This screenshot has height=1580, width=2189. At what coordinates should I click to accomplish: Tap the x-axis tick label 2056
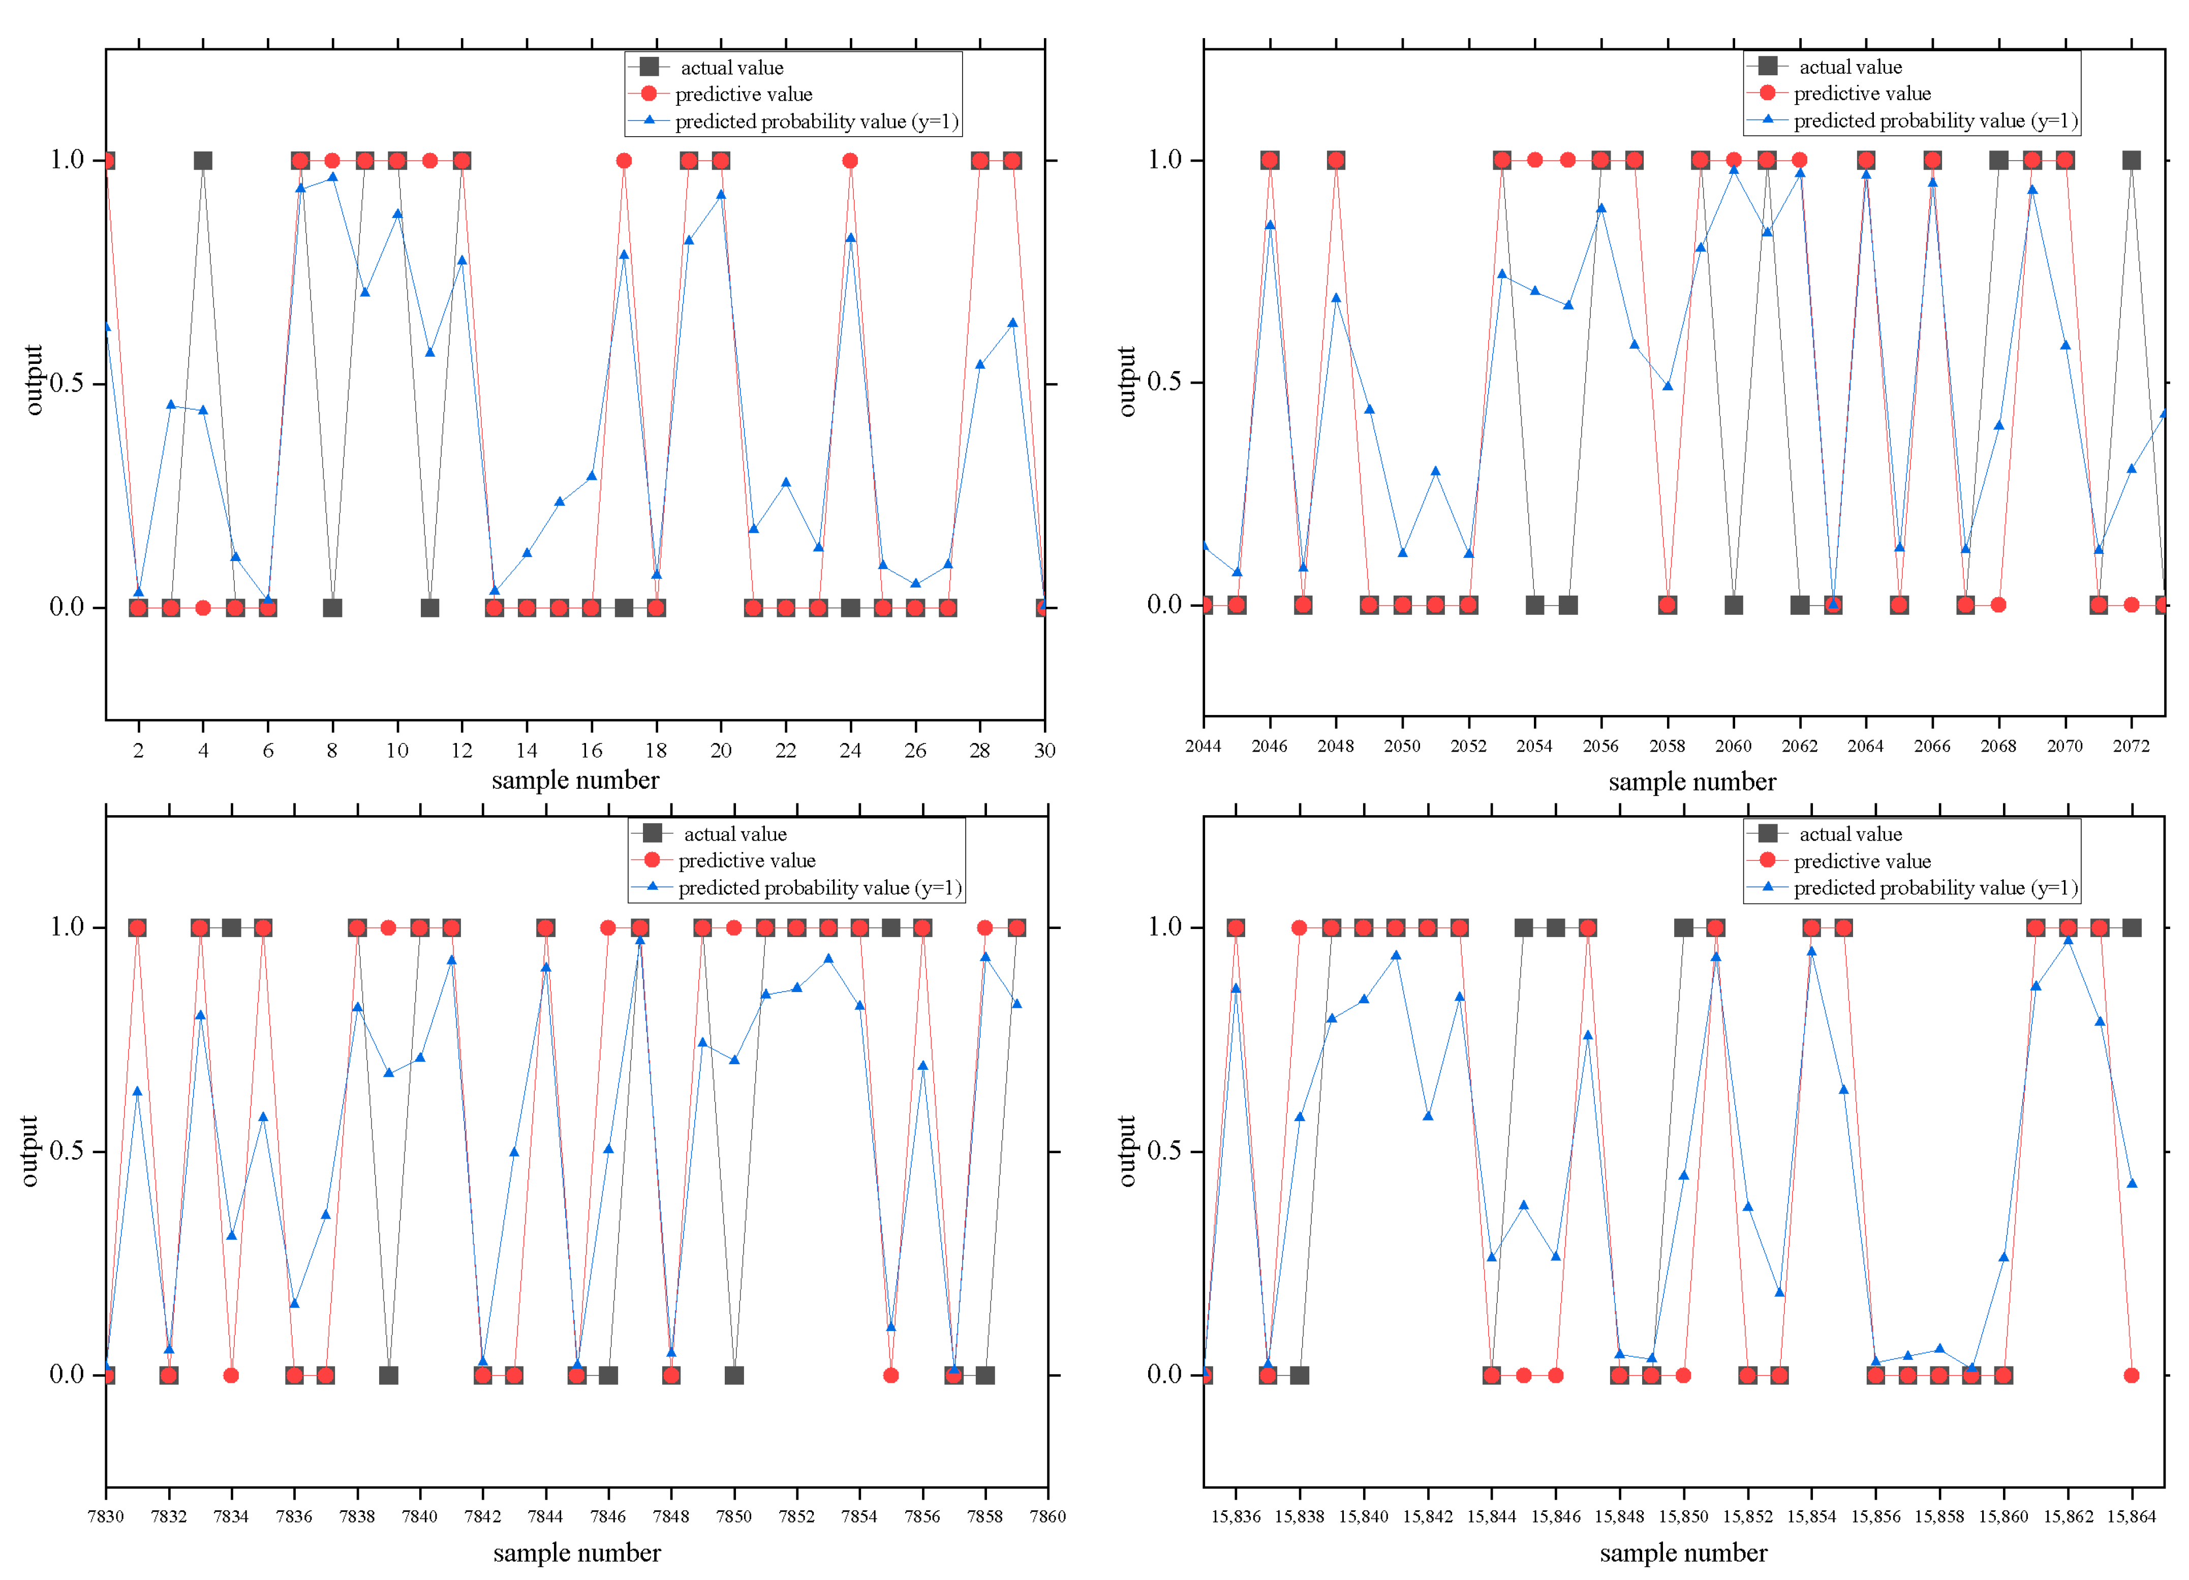(x=1600, y=746)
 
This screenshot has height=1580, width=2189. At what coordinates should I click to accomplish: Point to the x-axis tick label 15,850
(x=1683, y=1516)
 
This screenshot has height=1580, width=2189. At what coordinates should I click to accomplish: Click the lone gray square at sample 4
(x=203, y=160)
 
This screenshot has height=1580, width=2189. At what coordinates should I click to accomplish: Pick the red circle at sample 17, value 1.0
(x=624, y=160)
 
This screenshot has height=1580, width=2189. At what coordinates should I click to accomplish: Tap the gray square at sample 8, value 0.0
(x=332, y=608)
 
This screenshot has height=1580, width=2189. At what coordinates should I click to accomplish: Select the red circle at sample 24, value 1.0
(x=849, y=160)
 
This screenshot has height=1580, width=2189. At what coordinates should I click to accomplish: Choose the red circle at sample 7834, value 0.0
(x=231, y=1375)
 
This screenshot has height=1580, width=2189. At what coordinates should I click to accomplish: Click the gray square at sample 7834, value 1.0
(x=231, y=927)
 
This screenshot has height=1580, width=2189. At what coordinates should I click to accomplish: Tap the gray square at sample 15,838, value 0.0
(x=1299, y=1375)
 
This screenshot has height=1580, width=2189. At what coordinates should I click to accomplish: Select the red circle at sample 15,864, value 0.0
(x=2131, y=1375)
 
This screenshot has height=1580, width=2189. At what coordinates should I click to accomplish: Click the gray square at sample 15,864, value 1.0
(x=2131, y=927)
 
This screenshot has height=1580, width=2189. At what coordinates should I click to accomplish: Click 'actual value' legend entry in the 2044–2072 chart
(x=1849, y=67)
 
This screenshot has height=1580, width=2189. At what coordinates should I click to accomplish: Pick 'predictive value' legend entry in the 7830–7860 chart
(x=746, y=860)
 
